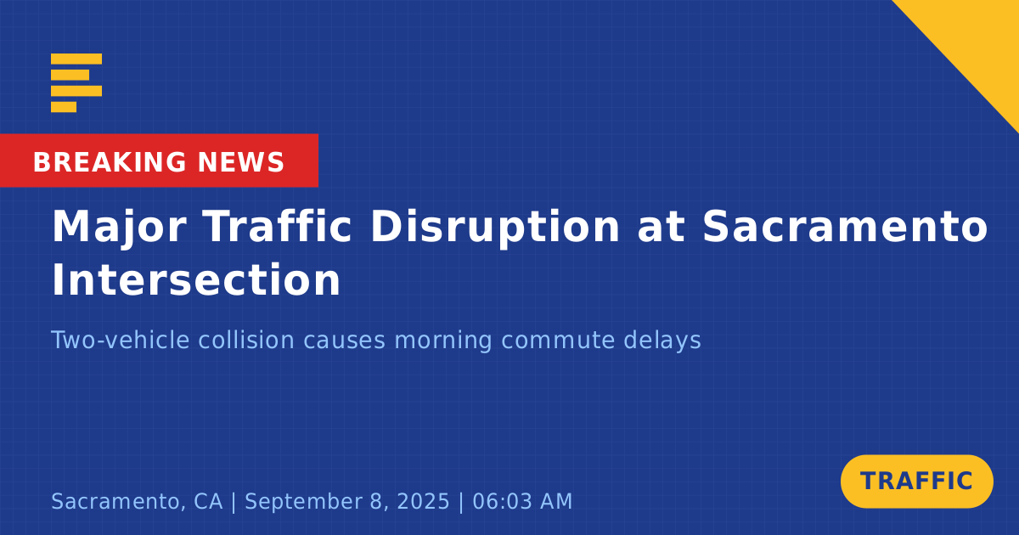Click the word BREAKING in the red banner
tap(110, 162)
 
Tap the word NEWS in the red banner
tap(241, 162)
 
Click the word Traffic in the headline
tap(277, 227)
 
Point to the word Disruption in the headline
tap(495, 228)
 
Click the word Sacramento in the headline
tap(845, 227)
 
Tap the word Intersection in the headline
tap(196, 279)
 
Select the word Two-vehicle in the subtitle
tap(120, 340)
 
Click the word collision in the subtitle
tap(246, 340)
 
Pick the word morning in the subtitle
tap(442, 341)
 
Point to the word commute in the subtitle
tap(558, 340)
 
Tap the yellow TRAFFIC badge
tap(916, 481)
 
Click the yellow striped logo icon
tap(76, 83)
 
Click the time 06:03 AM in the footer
tap(522, 501)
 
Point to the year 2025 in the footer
tap(424, 501)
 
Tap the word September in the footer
tap(304, 502)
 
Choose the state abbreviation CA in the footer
tap(208, 501)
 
